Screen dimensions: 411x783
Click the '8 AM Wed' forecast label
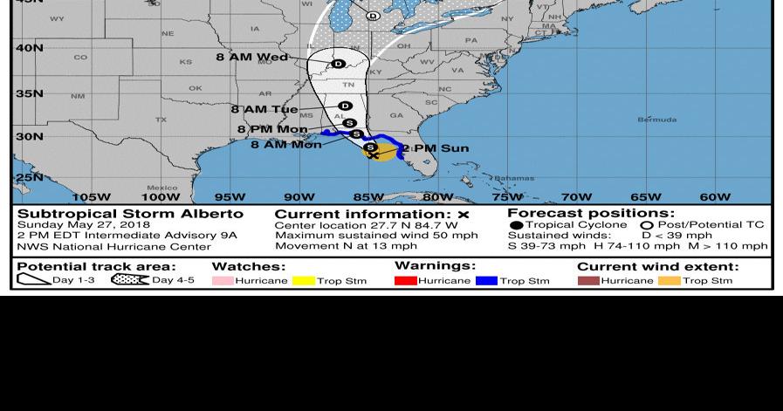click(251, 57)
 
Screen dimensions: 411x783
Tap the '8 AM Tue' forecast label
click(264, 109)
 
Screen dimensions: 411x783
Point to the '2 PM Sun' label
click(436, 148)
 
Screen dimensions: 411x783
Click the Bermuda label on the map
click(656, 120)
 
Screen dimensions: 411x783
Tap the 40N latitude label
click(29, 48)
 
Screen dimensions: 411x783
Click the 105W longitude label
click(91, 197)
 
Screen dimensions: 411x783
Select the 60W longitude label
click(715, 197)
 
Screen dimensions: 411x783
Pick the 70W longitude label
click(576, 197)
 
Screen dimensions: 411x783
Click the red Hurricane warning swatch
click(405, 281)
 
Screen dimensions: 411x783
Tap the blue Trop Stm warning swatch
click(486, 281)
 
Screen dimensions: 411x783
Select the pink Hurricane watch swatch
click(223, 281)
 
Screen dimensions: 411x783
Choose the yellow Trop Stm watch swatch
click(303, 281)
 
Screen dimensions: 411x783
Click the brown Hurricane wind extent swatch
click(588, 281)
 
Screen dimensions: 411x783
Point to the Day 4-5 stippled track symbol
click(130, 280)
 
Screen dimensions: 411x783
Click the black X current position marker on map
click(373, 155)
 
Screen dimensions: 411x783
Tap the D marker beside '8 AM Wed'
click(338, 64)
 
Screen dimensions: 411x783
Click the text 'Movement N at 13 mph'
click(346, 246)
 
